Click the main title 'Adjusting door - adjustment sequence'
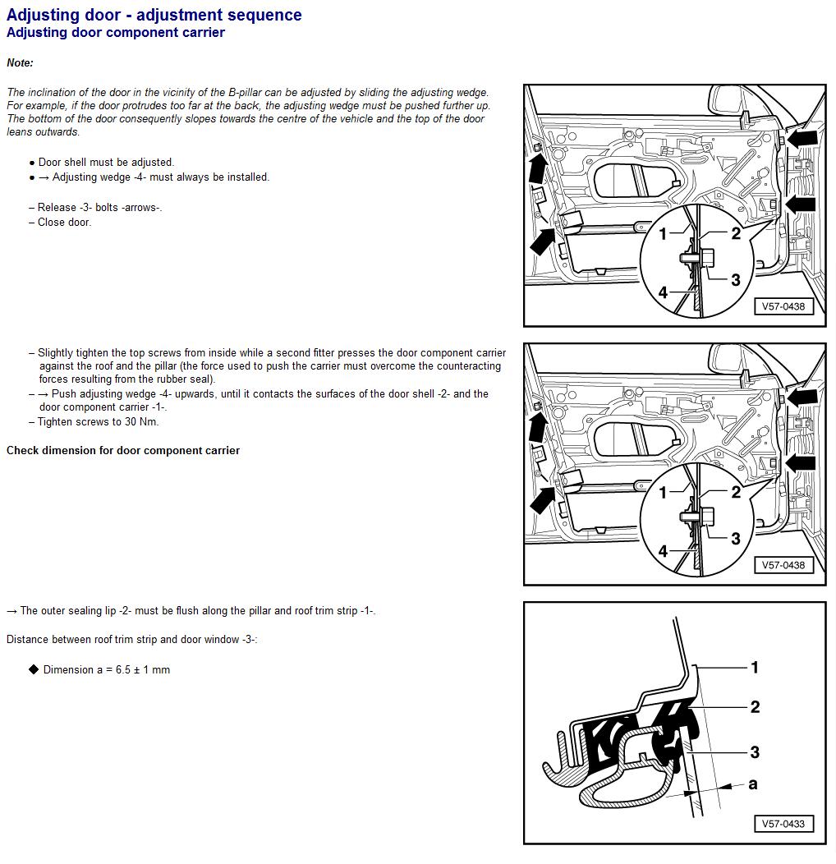tap(154, 15)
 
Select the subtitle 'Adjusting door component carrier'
tap(116, 33)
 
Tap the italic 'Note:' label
tap(20, 63)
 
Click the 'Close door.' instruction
tap(64, 223)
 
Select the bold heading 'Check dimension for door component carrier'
tap(123, 451)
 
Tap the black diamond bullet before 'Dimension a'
tap(34, 670)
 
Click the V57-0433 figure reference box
tap(783, 824)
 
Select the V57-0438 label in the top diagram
tap(783, 306)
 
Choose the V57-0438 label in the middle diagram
tap(783, 565)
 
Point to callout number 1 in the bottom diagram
tap(755, 667)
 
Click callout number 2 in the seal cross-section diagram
tap(755, 706)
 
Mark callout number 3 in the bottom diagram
tap(755, 751)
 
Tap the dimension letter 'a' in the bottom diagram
tap(752, 784)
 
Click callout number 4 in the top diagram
tap(663, 292)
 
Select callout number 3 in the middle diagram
tap(735, 538)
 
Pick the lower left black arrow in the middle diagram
tap(543, 499)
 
